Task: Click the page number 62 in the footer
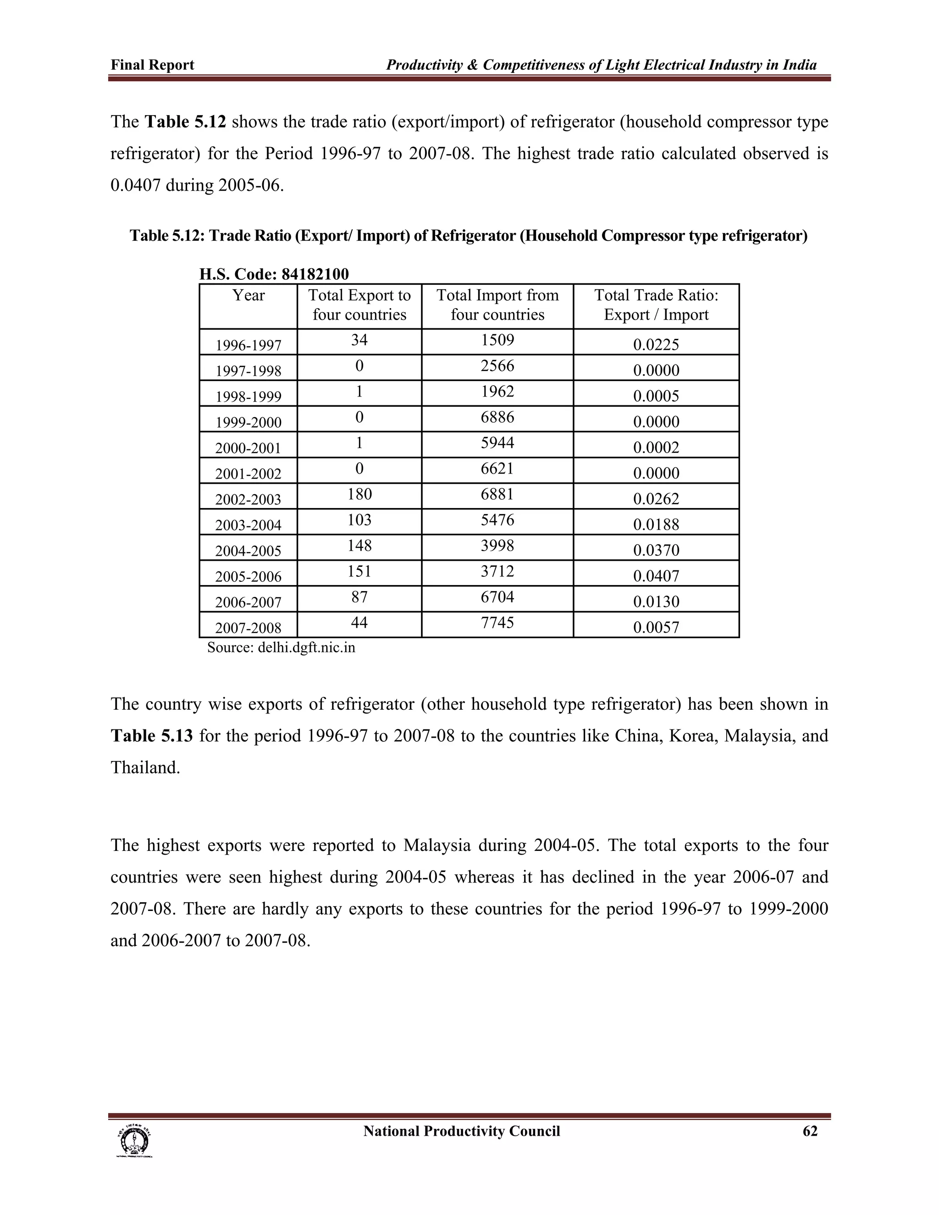pyautogui.click(x=810, y=1131)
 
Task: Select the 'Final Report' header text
pyautogui.click(x=152, y=65)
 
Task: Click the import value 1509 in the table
pyautogui.click(x=497, y=340)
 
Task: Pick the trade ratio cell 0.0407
pyautogui.click(x=656, y=576)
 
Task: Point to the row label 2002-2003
pyautogui.click(x=248, y=499)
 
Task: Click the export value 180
pyautogui.click(x=359, y=494)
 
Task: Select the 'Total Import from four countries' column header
pyautogui.click(x=497, y=305)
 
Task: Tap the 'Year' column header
pyautogui.click(x=248, y=295)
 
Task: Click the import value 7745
pyautogui.click(x=497, y=623)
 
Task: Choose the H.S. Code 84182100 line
pyautogui.click(x=274, y=274)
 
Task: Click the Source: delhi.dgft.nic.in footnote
pyautogui.click(x=281, y=647)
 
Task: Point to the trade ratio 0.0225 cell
pyautogui.click(x=656, y=345)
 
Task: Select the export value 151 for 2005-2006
pyautogui.click(x=359, y=571)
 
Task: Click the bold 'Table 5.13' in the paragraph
pyautogui.click(x=152, y=735)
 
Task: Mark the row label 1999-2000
pyautogui.click(x=248, y=422)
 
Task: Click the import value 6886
pyautogui.click(x=497, y=417)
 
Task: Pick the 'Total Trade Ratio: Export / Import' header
pyautogui.click(x=656, y=305)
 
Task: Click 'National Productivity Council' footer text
pyautogui.click(x=461, y=1131)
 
